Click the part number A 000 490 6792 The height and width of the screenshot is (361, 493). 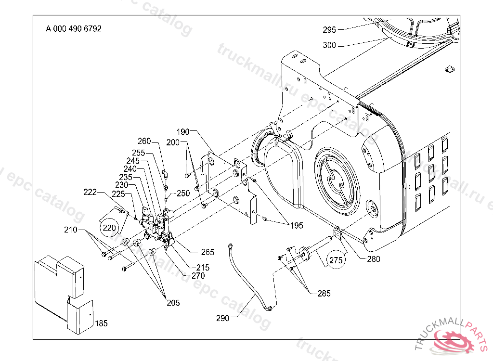pyautogui.click(x=74, y=28)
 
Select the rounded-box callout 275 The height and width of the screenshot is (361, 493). pyautogui.click(x=335, y=260)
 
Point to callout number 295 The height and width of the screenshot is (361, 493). pyautogui.click(x=329, y=30)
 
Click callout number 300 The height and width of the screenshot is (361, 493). pyautogui.click(x=329, y=45)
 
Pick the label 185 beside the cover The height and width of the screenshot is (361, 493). pyautogui.click(x=101, y=323)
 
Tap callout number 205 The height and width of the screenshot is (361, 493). pyautogui.click(x=173, y=303)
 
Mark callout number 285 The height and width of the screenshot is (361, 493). pyautogui.click(x=324, y=293)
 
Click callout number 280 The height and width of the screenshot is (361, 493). pyautogui.click(x=373, y=259)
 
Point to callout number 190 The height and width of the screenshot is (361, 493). pyautogui.click(x=183, y=131)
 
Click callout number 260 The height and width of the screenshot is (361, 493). pyautogui.click(x=144, y=141)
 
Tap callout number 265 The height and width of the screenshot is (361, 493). pyautogui.click(x=208, y=252)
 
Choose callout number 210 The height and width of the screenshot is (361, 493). pyautogui.click(x=71, y=231)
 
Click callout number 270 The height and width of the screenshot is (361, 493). pyautogui.click(x=198, y=276)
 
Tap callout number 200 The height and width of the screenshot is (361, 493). pyautogui.click(x=173, y=142)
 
